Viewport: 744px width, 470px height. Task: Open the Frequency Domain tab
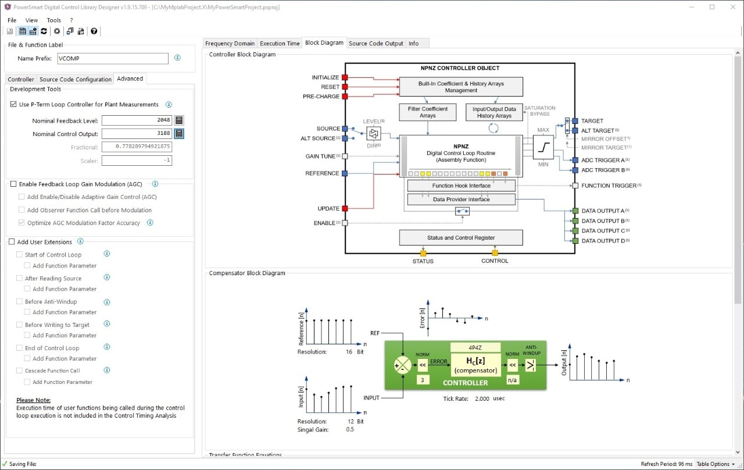click(x=230, y=43)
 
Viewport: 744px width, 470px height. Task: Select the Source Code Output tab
click(x=375, y=43)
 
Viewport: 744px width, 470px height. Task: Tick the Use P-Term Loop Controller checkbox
click(x=14, y=105)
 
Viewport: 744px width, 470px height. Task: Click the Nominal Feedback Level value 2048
click(x=137, y=120)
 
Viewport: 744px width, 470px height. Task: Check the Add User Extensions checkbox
click(x=12, y=242)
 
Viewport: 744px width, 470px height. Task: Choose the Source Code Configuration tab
click(x=76, y=79)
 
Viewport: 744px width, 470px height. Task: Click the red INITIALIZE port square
click(x=345, y=77)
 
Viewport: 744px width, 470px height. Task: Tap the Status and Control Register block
click(x=460, y=237)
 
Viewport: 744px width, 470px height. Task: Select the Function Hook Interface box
click(x=461, y=186)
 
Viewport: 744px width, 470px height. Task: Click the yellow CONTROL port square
click(x=495, y=253)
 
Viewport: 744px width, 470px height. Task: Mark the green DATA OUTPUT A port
click(x=575, y=211)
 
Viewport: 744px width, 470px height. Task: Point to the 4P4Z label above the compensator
click(x=475, y=347)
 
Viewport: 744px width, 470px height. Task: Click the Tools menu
click(x=53, y=20)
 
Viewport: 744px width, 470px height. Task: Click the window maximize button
click(x=712, y=7)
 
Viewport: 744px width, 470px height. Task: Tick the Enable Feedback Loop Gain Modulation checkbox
click(x=14, y=184)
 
